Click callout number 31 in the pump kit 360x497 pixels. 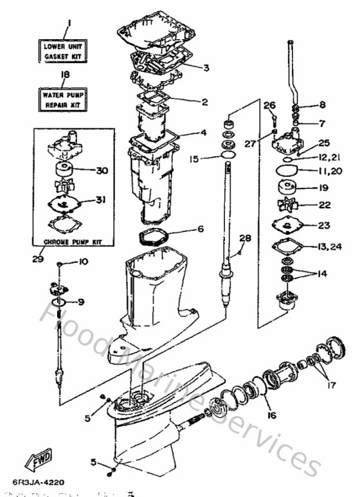pos(100,200)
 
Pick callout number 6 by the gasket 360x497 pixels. pos(201,229)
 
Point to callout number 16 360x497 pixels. pos(272,415)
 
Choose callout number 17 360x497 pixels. pos(332,386)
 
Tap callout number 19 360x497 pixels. pos(323,188)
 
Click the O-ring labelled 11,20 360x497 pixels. pos(287,171)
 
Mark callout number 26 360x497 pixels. pos(269,105)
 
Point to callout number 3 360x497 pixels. pos(206,68)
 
